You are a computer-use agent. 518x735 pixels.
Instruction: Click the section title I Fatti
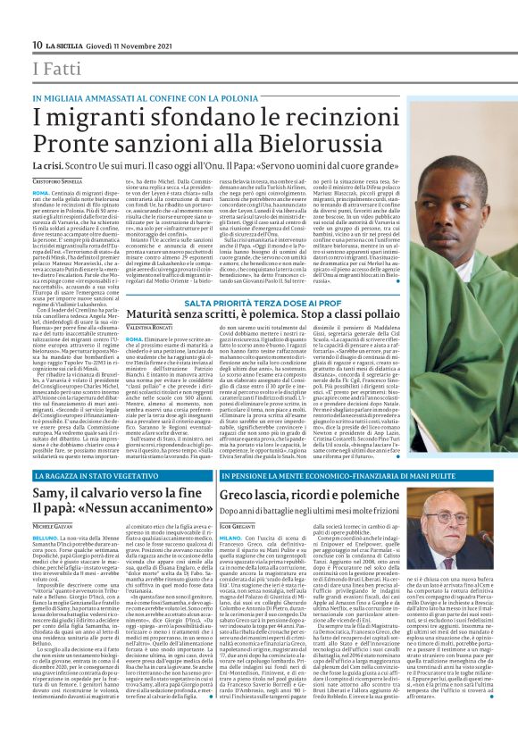[50, 69]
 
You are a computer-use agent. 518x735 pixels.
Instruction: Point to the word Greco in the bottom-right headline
[245, 495]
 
